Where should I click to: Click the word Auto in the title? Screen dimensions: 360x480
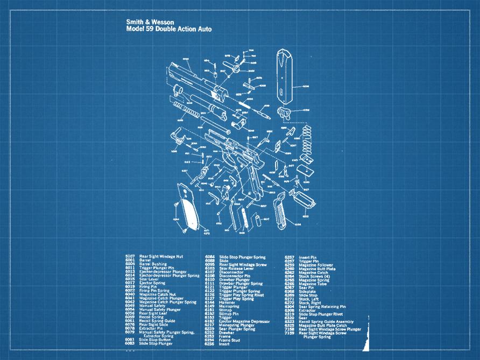click(x=203, y=29)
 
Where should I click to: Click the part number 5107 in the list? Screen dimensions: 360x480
click(x=130, y=257)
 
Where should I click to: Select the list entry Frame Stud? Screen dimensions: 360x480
click(x=229, y=340)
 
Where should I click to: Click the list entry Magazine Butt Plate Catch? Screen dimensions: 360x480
click(x=323, y=325)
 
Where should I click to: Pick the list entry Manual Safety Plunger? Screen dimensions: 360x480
click(x=160, y=309)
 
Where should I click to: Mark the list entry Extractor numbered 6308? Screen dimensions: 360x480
click(x=307, y=310)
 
